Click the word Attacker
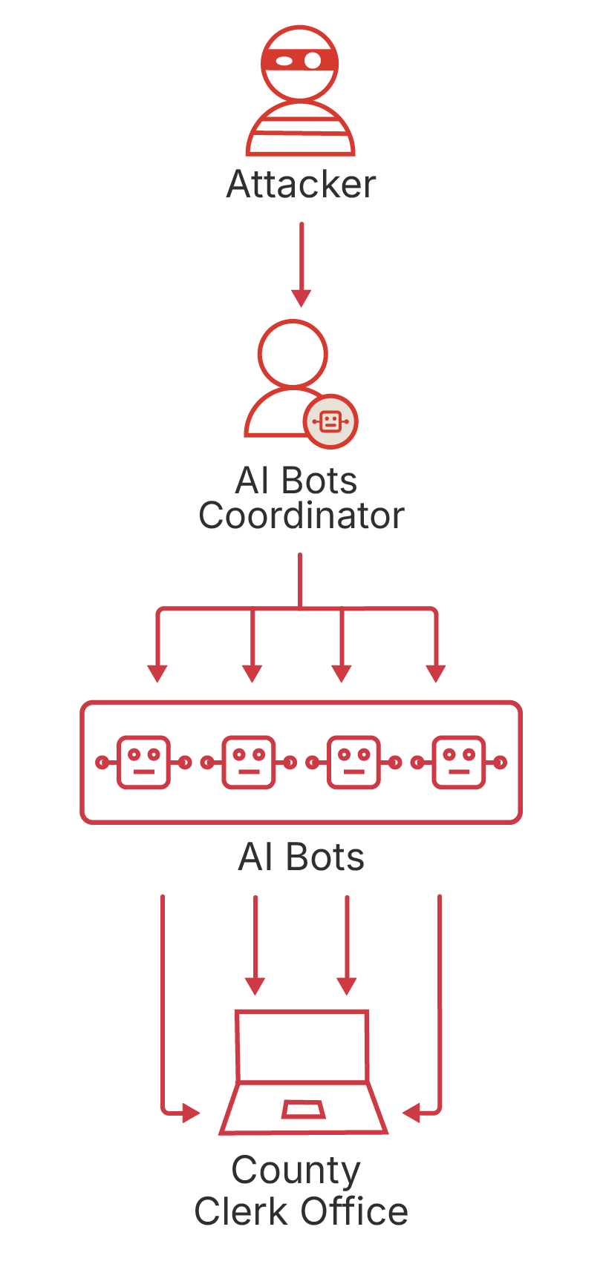click(301, 184)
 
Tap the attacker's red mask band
click(300, 60)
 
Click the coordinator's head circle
click(293, 354)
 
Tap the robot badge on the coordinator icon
click(330, 421)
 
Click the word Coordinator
click(301, 516)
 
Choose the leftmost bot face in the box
click(143, 762)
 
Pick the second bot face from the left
click(249, 762)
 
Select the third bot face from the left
click(354, 762)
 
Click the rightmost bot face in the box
click(459, 762)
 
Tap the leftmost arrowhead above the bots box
click(157, 672)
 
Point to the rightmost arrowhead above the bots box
click(436, 672)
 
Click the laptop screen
click(301, 1046)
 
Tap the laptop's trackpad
click(303, 1109)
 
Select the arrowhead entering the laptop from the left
click(191, 1113)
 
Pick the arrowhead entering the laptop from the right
click(411, 1113)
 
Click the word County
click(296, 1171)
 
